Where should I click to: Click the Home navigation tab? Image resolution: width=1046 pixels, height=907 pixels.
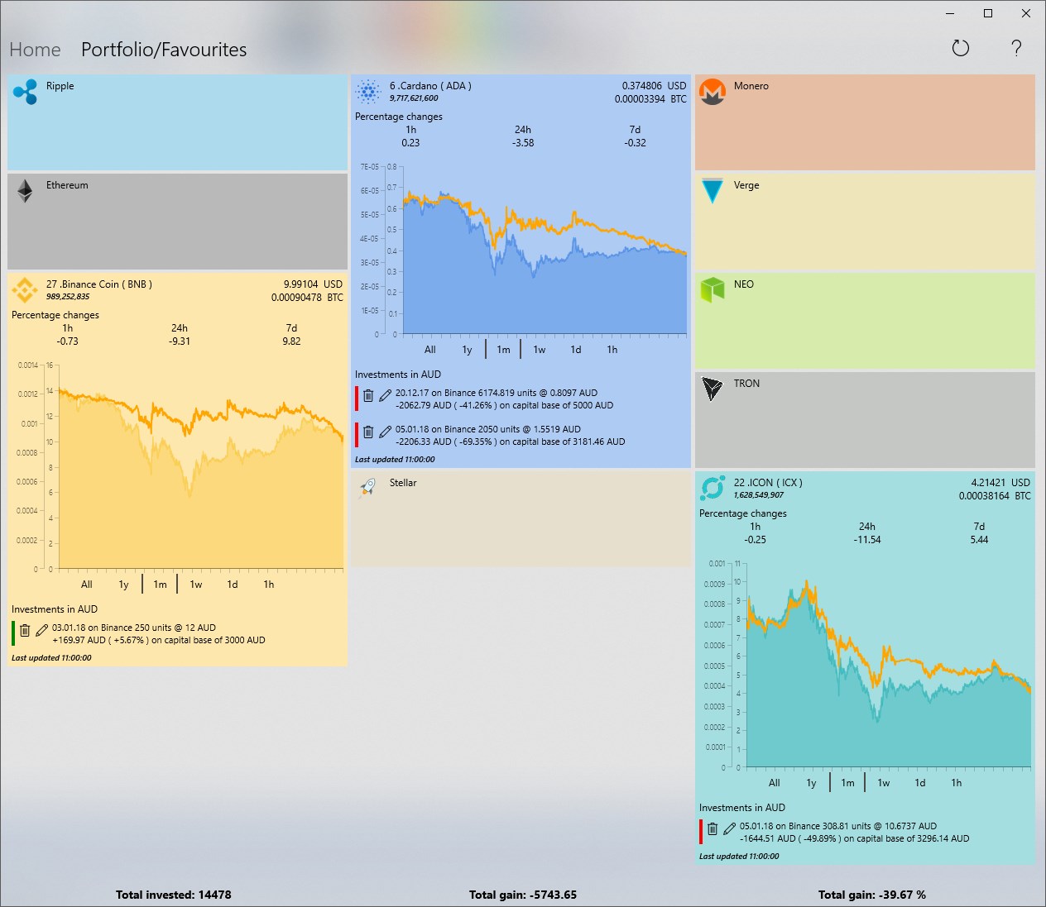click(x=35, y=50)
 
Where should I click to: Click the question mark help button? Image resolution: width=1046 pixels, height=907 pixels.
click(x=1016, y=48)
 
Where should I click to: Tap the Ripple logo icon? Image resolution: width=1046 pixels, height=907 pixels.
click(x=25, y=92)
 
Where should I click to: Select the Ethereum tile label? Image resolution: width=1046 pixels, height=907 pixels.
click(x=67, y=185)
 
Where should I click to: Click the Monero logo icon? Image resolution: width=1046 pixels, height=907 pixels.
click(x=712, y=92)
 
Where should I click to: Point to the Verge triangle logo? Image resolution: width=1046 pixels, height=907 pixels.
click(x=712, y=191)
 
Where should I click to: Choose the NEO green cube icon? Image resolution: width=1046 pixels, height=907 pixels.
click(x=712, y=289)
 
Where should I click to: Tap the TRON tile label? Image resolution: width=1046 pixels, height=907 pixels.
click(x=746, y=384)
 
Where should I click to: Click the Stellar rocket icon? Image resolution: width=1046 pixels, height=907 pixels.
click(x=368, y=488)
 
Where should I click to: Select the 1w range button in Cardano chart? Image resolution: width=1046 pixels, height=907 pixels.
click(x=540, y=350)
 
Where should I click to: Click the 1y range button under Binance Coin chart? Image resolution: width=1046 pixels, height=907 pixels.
click(x=123, y=585)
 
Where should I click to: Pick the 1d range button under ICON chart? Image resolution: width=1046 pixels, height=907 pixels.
click(x=920, y=783)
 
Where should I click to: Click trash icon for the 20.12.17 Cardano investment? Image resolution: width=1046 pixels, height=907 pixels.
click(x=369, y=396)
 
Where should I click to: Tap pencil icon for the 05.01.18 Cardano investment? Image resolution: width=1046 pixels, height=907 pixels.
click(x=385, y=432)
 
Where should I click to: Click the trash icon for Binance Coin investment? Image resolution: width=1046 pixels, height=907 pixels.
click(x=25, y=630)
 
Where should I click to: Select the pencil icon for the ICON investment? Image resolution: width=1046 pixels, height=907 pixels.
click(x=729, y=828)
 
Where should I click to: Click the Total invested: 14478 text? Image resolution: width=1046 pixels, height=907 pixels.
click(x=174, y=895)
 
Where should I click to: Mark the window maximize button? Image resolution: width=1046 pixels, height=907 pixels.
click(x=987, y=13)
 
